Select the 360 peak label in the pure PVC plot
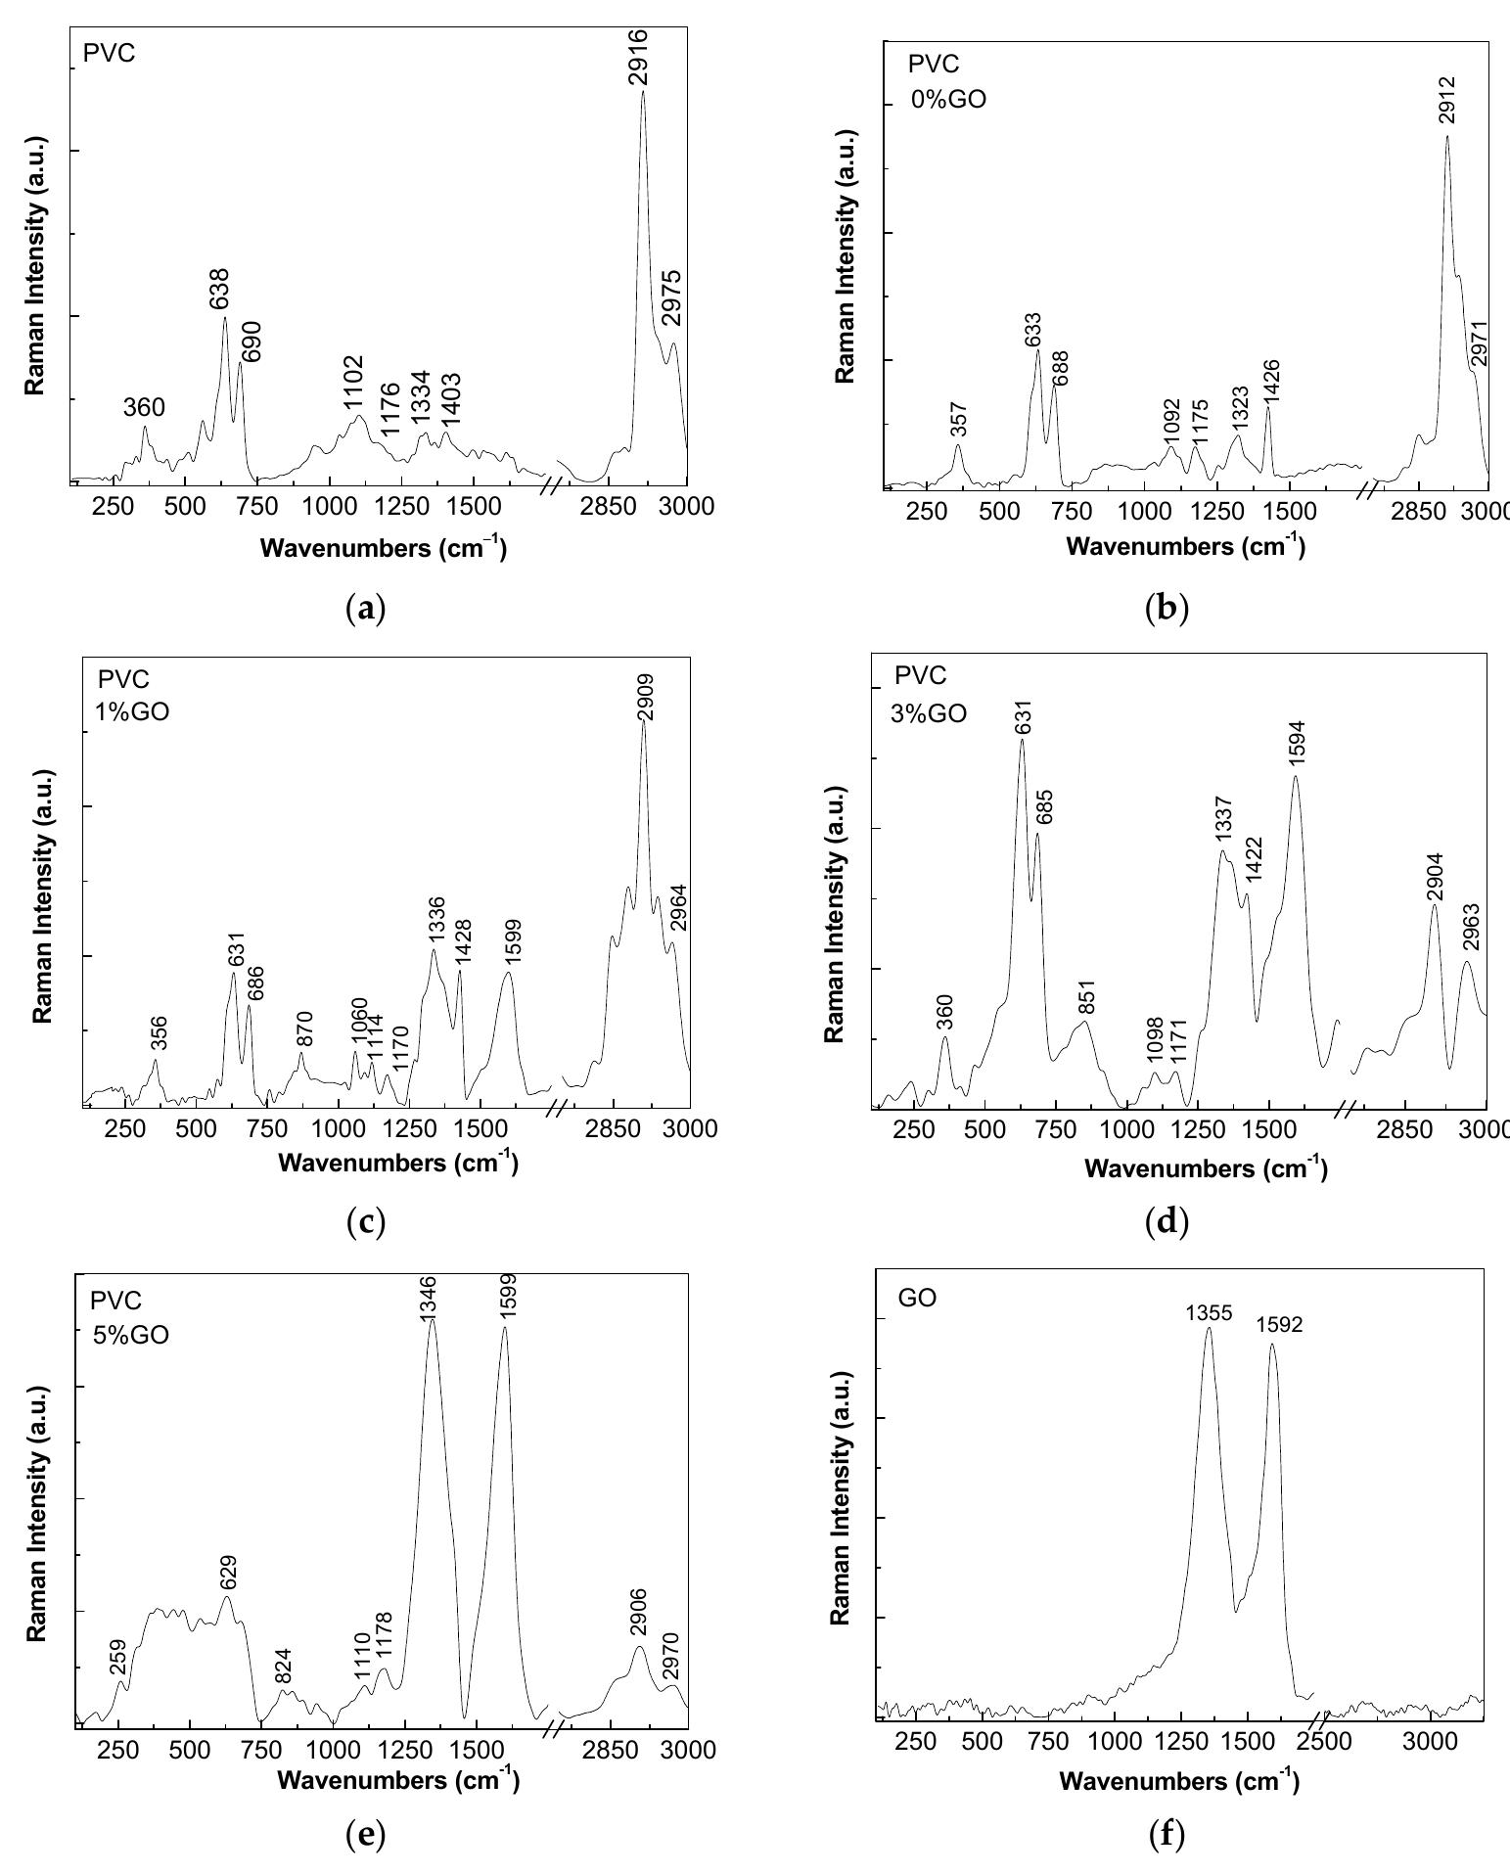click(x=144, y=407)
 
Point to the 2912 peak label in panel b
click(x=1447, y=101)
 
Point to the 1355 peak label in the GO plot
click(x=1208, y=1311)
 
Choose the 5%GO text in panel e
click(x=130, y=1334)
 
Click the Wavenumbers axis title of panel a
click(x=383, y=548)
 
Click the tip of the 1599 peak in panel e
click(x=504, y=1327)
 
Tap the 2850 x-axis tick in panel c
click(x=613, y=1129)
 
